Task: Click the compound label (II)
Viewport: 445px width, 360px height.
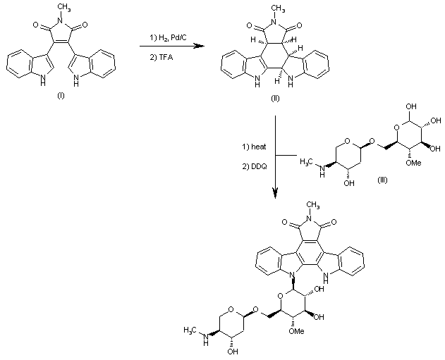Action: [274, 99]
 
